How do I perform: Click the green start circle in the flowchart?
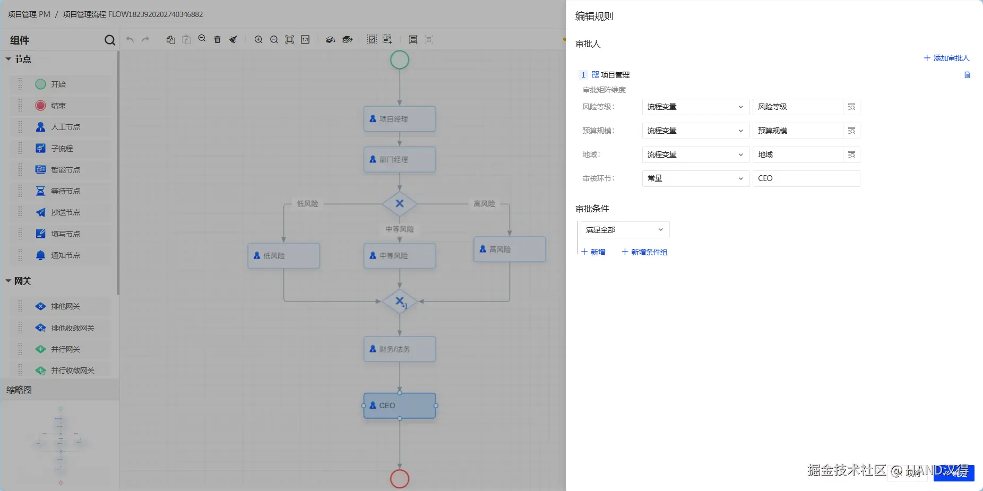[400, 59]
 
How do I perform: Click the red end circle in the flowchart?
[400, 478]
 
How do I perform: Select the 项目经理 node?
[400, 119]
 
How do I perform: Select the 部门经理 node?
[400, 159]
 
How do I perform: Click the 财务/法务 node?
[400, 349]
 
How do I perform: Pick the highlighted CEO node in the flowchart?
[400, 406]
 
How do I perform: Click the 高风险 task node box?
[510, 249]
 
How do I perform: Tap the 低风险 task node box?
[284, 255]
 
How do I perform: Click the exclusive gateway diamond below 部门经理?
[400, 203]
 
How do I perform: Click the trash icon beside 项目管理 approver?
[967, 75]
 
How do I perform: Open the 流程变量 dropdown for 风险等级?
[695, 107]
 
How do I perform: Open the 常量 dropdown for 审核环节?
[695, 178]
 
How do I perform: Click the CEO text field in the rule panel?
[806, 178]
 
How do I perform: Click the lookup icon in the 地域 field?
[851, 154]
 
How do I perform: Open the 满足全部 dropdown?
[625, 230]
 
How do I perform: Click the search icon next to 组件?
[110, 40]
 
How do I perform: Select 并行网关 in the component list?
[65, 349]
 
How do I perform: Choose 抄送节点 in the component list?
[65, 212]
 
